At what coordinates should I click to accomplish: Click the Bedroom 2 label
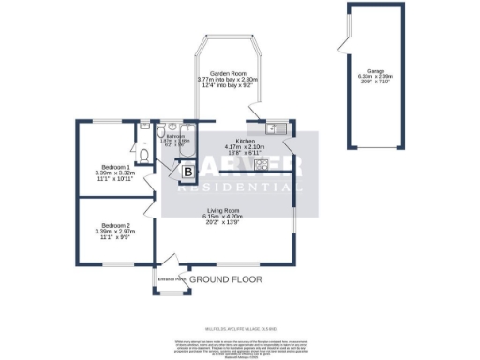click(x=116, y=225)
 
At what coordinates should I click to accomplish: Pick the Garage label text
click(x=376, y=70)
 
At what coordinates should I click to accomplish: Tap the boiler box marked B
click(x=187, y=172)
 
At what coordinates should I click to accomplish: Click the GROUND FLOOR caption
click(x=225, y=279)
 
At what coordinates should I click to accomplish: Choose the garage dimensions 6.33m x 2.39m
click(x=376, y=77)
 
